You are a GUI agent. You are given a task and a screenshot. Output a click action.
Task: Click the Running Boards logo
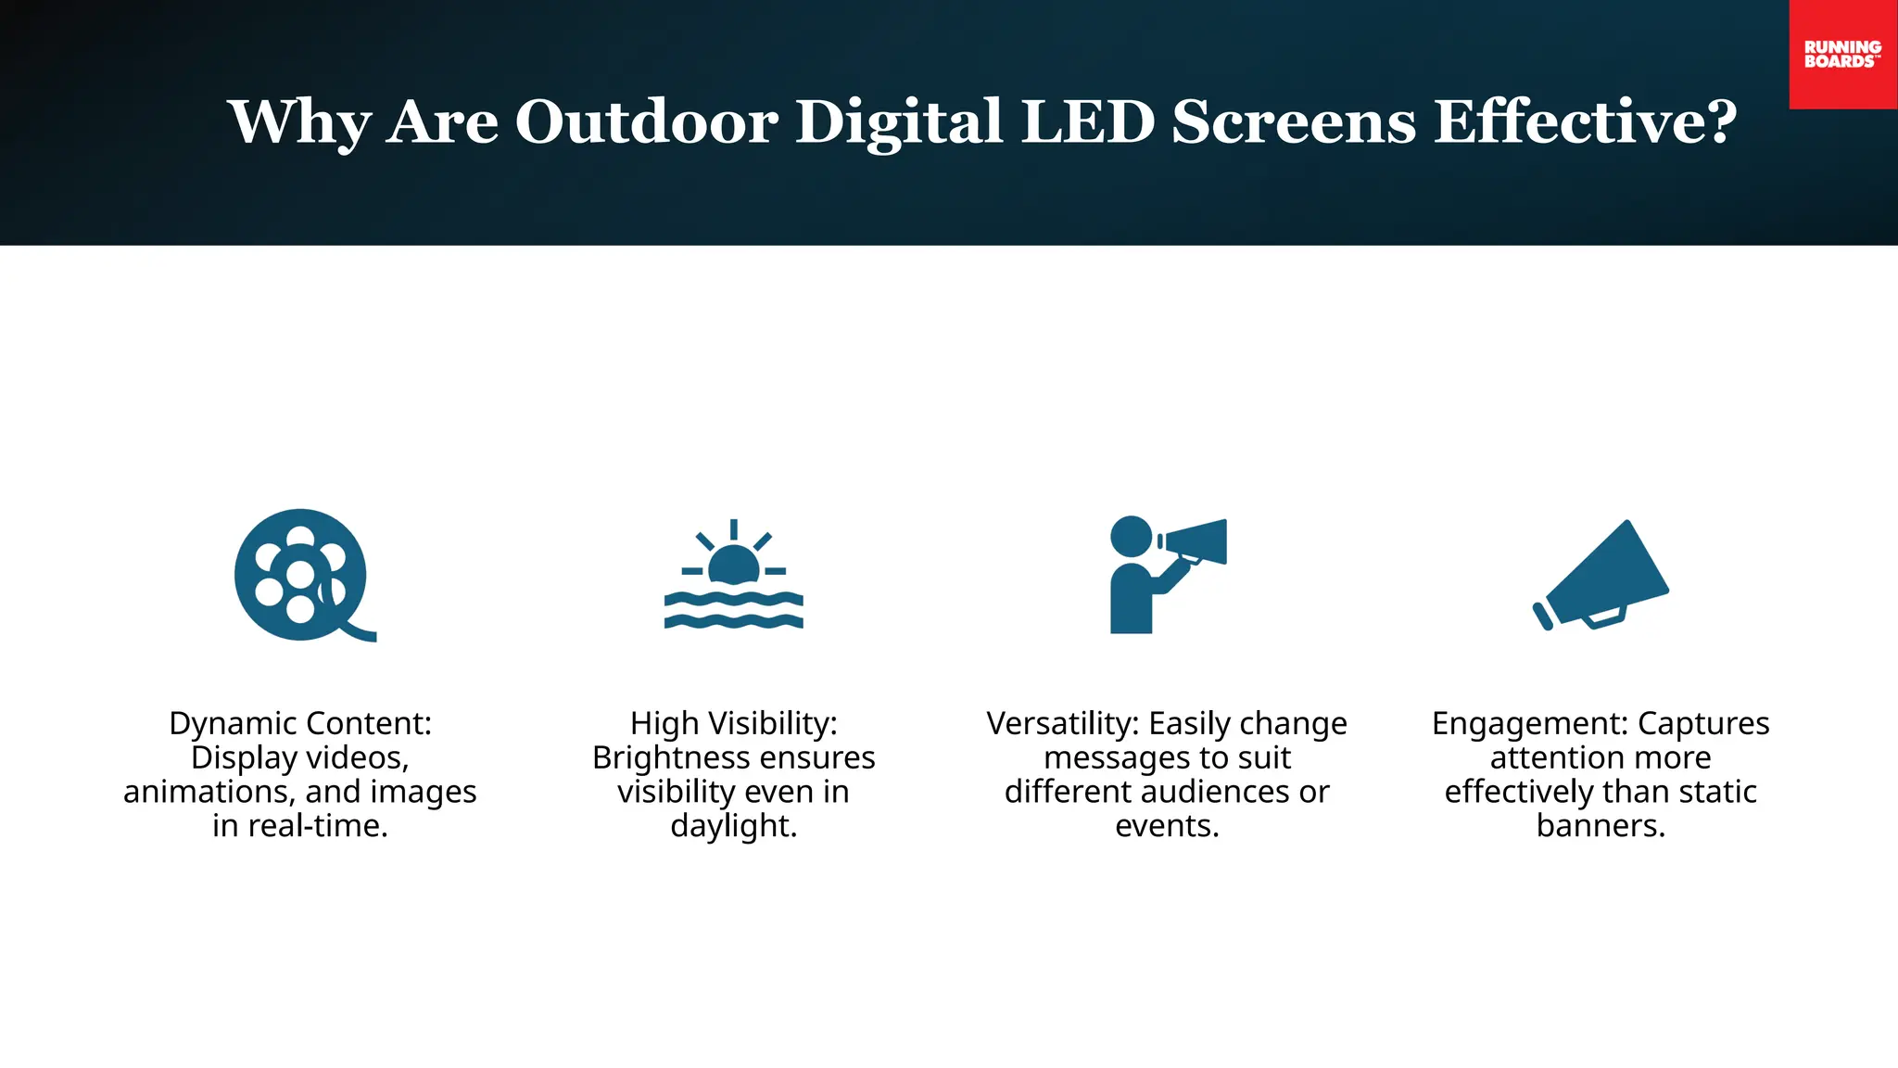click(x=1842, y=54)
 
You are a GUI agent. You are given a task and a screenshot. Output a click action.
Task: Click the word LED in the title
click(x=1088, y=121)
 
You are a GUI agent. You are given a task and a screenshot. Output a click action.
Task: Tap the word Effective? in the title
click(x=1585, y=121)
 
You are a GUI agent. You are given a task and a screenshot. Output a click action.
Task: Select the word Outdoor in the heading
click(x=646, y=121)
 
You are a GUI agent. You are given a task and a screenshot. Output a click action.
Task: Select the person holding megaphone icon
click(x=1166, y=576)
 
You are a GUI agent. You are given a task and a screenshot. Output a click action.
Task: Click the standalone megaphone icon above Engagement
click(x=1601, y=576)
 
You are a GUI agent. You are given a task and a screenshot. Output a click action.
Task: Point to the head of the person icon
click(x=1131, y=536)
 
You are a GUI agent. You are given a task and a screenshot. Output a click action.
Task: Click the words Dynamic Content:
click(x=300, y=723)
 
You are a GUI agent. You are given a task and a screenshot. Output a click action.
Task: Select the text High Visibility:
click(x=733, y=723)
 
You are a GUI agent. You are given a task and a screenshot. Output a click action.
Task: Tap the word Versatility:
click(x=1062, y=723)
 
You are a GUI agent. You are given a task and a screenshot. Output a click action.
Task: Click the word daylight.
click(x=733, y=826)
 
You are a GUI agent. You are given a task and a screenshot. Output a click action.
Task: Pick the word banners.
click(x=1601, y=826)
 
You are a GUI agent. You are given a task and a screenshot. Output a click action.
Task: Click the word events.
click(x=1167, y=826)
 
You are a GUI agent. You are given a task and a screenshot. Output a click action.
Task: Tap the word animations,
click(x=209, y=792)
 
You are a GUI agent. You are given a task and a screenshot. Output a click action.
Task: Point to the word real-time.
click(x=316, y=826)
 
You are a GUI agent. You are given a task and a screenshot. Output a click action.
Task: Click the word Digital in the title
click(x=899, y=121)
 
